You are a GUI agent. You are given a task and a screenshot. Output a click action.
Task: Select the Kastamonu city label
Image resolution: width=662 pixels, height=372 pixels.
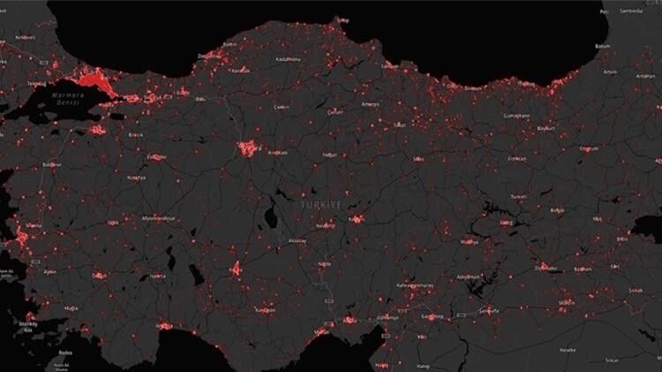289,58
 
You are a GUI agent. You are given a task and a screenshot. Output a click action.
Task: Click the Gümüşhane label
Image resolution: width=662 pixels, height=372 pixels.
515,116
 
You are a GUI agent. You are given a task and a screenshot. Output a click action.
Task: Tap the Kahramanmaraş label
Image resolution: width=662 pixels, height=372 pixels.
415,285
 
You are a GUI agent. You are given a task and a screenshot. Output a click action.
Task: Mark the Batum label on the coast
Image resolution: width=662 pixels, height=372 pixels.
603,46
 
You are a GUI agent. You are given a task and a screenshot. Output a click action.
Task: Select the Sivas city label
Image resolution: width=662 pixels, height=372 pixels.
418,159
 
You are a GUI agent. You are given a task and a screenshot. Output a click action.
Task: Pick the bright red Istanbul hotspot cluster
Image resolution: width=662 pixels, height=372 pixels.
95,82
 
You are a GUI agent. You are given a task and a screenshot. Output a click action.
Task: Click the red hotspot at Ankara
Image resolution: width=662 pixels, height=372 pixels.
248,148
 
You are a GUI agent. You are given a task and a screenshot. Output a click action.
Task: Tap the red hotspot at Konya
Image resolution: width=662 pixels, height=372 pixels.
235,268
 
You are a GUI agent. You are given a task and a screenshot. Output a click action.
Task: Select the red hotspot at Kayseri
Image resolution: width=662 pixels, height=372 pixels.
357,218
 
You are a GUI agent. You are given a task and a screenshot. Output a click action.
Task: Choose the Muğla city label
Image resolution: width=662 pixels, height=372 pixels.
71,308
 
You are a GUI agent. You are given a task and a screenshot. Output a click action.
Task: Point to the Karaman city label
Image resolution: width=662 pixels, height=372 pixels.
264,310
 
